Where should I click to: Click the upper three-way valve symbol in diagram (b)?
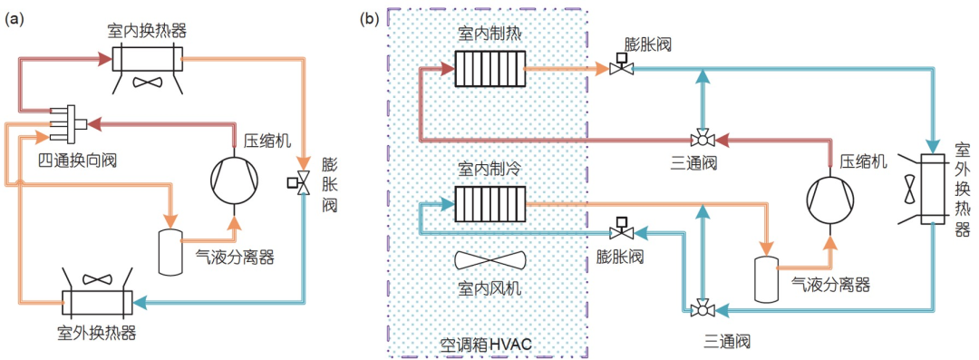(x=702, y=140)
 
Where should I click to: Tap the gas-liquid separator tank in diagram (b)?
(x=768, y=278)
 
